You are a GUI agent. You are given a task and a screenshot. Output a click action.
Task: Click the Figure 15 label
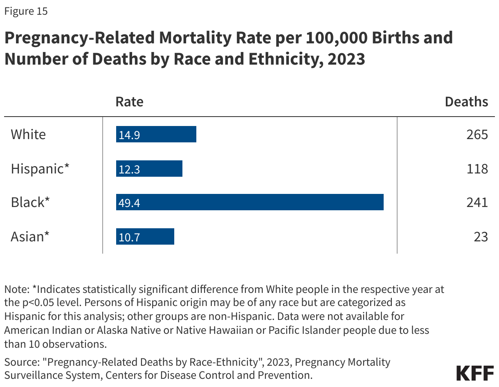(x=26, y=11)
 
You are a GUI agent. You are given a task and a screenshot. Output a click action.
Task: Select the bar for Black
(x=249, y=202)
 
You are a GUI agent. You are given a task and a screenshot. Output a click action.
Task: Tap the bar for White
(x=156, y=134)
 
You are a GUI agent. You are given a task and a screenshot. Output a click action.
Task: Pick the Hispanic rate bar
(x=149, y=169)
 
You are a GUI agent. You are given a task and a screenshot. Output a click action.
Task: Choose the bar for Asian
(x=145, y=236)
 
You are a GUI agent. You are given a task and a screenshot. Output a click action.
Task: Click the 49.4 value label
(x=129, y=202)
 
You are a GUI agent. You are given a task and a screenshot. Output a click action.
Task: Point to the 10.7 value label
(x=129, y=237)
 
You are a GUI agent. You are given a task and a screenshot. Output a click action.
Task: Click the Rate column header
(x=129, y=101)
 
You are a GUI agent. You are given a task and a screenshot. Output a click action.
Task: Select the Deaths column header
(x=466, y=101)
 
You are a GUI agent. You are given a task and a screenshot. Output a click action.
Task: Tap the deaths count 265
(x=477, y=134)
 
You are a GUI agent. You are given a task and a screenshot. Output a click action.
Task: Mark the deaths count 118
(x=477, y=169)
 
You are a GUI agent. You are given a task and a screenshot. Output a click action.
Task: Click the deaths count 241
(x=477, y=202)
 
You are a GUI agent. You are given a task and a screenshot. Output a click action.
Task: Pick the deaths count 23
(x=481, y=236)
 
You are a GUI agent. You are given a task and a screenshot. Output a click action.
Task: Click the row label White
(x=28, y=134)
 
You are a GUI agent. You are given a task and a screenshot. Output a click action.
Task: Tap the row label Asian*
(x=30, y=236)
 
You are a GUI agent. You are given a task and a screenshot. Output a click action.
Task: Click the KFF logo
(x=474, y=373)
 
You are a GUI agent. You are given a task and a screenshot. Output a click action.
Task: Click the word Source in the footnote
(x=19, y=362)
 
